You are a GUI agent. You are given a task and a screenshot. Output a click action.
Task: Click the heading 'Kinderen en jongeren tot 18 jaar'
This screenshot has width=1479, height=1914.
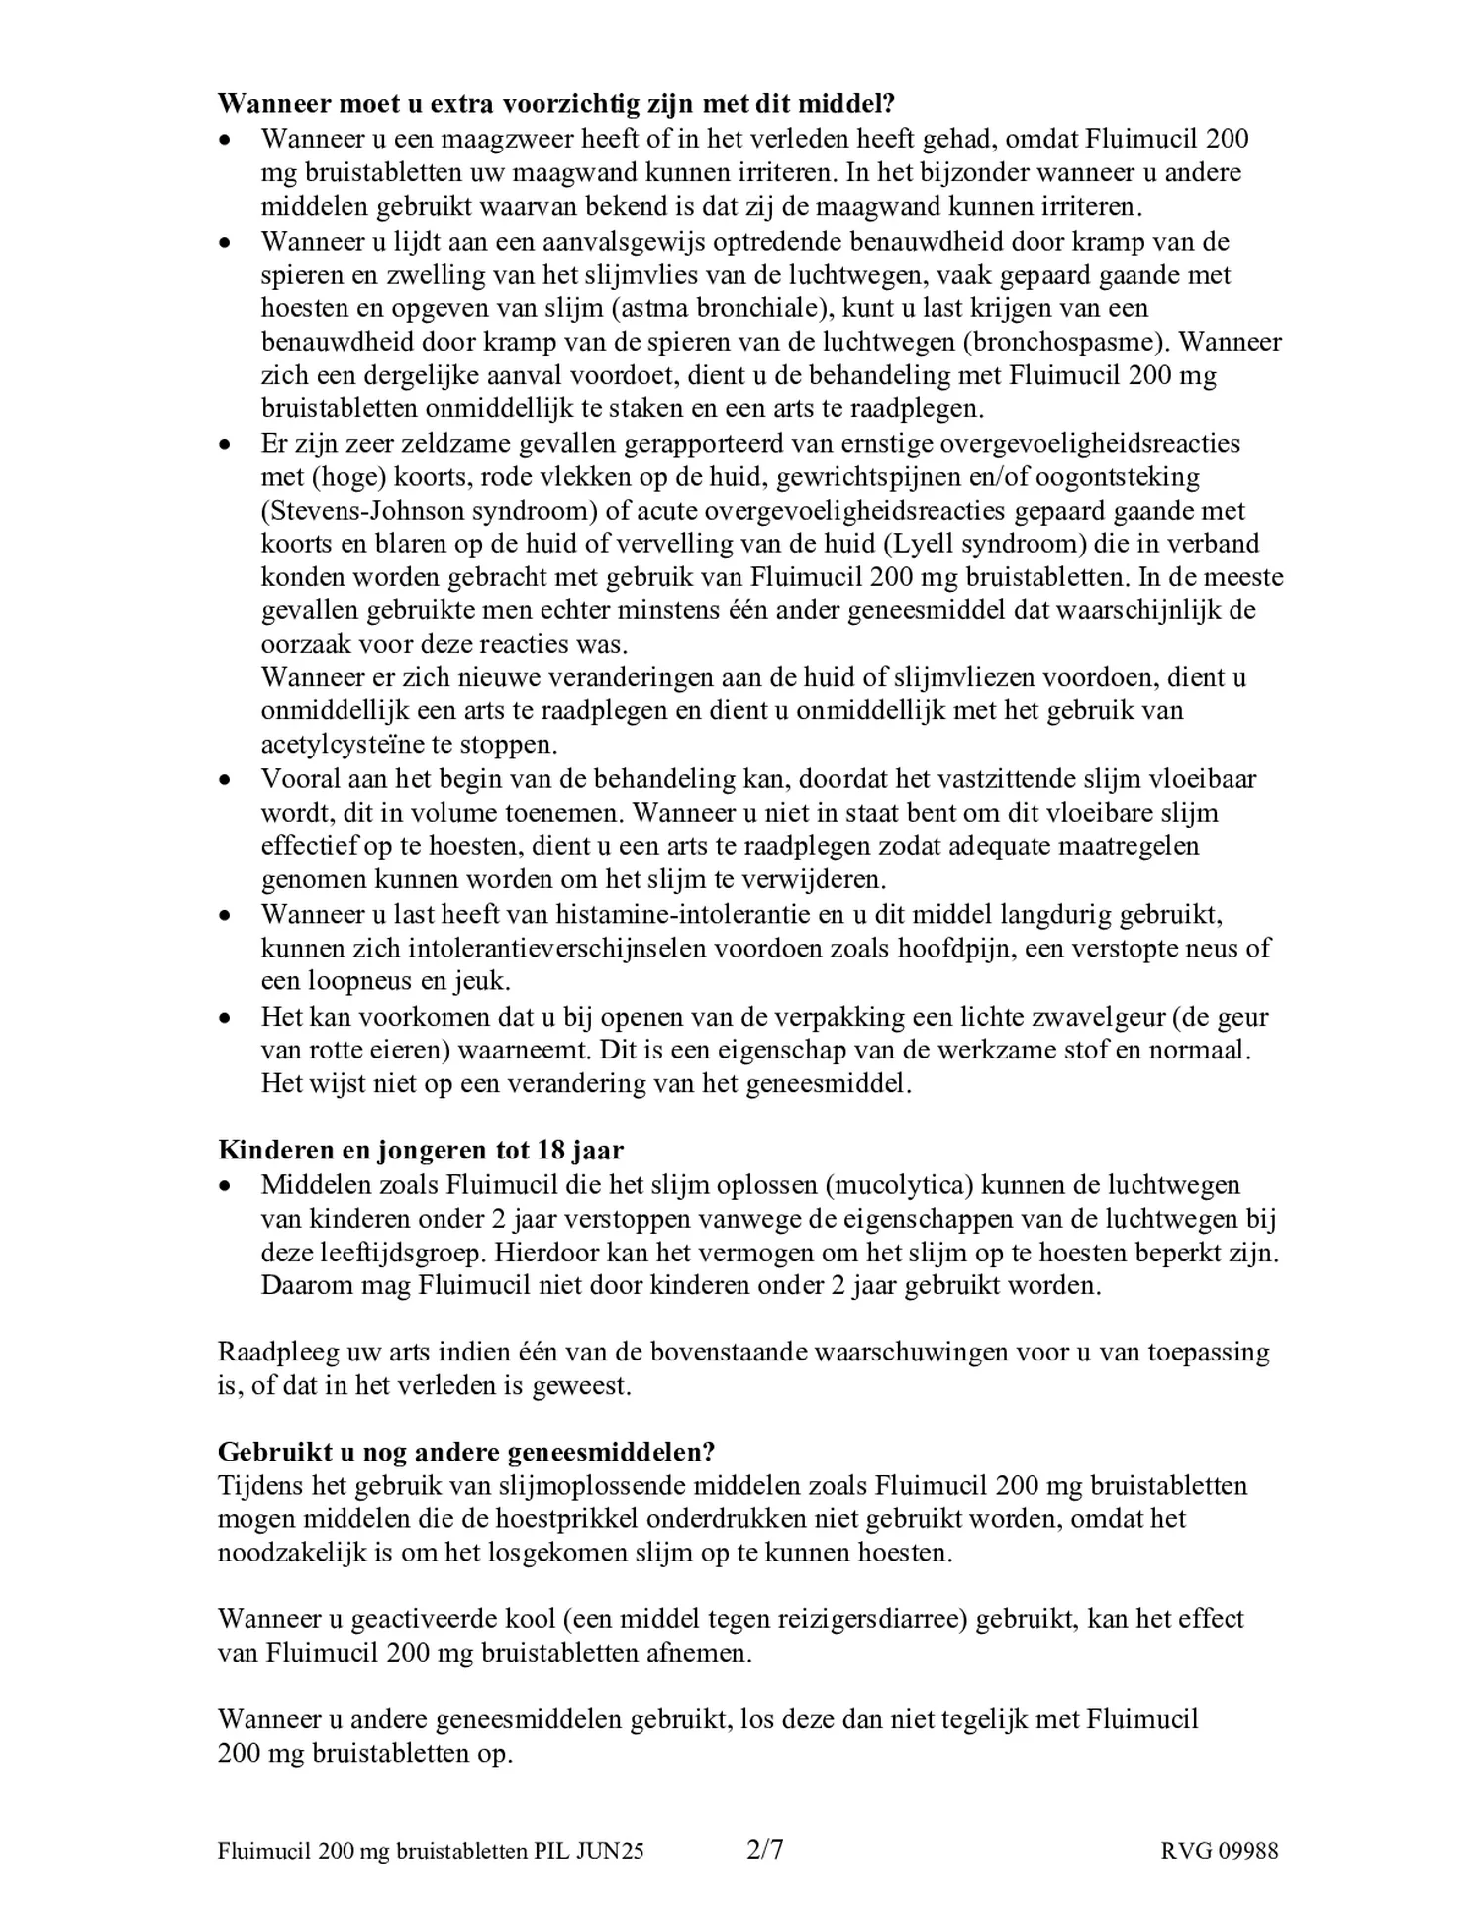coord(420,1150)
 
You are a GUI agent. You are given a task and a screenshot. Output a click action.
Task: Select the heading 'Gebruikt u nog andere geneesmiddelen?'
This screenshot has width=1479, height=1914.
coord(465,1452)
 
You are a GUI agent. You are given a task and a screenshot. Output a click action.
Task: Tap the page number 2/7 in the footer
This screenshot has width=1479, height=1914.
coord(763,1849)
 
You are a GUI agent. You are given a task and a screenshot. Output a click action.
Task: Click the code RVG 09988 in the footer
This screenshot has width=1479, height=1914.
coord(1219,1850)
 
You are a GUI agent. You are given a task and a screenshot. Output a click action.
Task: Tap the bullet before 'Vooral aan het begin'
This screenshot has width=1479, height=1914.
coord(227,780)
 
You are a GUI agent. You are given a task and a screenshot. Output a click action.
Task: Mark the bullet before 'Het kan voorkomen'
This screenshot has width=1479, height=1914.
coord(227,1018)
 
